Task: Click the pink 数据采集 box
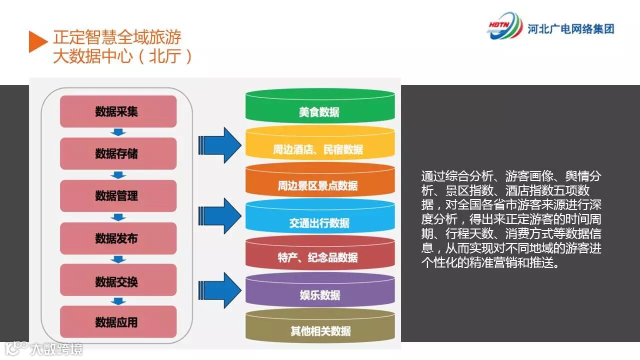click(x=118, y=111)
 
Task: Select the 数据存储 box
click(x=118, y=153)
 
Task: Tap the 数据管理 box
click(x=118, y=196)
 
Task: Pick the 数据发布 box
click(x=118, y=238)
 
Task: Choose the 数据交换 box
click(x=118, y=280)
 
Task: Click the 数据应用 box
click(x=118, y=322)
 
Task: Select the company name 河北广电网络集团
click(x=570, y=29)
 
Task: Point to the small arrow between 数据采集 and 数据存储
click(x=118, y=132)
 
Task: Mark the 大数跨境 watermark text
click(x=56, y=348)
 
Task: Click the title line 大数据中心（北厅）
click(x=122, y=56)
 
